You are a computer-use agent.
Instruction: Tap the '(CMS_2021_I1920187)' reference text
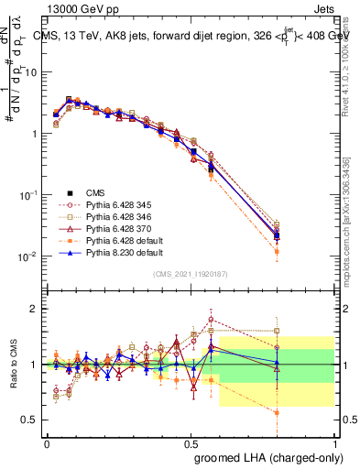191,275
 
